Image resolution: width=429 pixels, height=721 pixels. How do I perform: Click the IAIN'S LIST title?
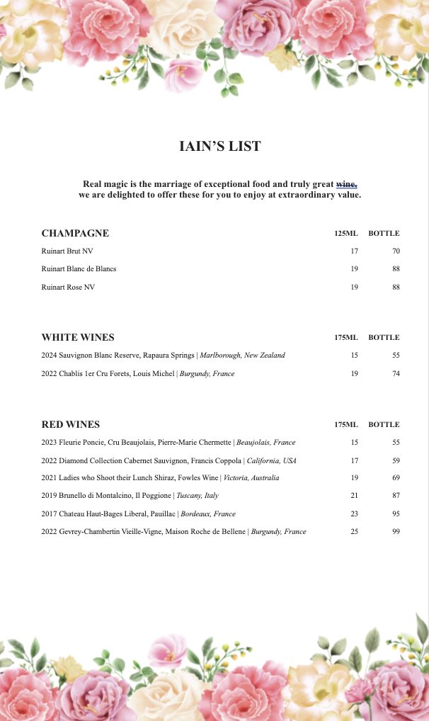pos(220,147)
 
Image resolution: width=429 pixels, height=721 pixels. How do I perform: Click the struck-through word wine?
pos(346,183)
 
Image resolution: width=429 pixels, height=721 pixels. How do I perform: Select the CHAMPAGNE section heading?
pos(75,234)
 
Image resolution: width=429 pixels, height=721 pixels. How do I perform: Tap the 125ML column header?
pos(346,234)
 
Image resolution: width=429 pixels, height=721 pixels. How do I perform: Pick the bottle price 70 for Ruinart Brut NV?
pos(396,251)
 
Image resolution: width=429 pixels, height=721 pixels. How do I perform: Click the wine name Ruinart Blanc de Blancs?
pos(79,269)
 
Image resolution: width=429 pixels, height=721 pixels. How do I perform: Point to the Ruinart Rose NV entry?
pos(68,288)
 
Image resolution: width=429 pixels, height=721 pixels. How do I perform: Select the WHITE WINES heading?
pos(78,338)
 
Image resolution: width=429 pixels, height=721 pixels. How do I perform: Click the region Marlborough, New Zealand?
pos(243,356)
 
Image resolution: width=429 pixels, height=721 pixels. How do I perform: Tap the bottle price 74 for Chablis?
pos(396,374)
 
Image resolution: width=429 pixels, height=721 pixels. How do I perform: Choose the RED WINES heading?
pos(71,425)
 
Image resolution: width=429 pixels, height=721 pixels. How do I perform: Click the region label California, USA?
pos(272,460)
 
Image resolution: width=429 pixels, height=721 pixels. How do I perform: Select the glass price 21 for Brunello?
pos(354,496)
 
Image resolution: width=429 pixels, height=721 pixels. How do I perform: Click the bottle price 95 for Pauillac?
pos(396,514)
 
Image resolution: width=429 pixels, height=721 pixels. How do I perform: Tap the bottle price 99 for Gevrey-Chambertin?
pos(396,532)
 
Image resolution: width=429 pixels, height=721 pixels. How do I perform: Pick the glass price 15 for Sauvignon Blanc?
pos(354,356)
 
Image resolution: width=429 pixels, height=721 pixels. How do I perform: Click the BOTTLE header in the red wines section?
pos(384,425)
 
